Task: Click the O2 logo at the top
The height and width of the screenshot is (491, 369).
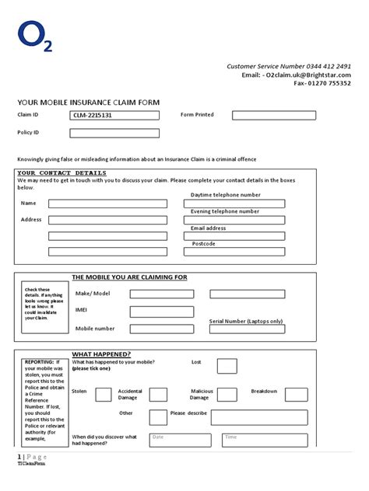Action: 35,37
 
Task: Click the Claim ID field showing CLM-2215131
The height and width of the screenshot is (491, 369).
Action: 114,115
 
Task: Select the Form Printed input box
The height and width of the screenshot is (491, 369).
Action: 270,115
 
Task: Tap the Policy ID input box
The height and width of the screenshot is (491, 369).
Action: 114,133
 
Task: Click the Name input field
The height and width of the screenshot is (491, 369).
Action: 107,204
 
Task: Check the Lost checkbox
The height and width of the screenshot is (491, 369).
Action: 227,366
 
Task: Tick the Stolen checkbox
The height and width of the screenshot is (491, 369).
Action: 103,394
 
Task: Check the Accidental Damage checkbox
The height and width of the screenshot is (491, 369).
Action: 157,394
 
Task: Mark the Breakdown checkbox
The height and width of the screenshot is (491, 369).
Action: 296,394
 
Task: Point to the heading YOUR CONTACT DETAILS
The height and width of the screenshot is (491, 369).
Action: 61,172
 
